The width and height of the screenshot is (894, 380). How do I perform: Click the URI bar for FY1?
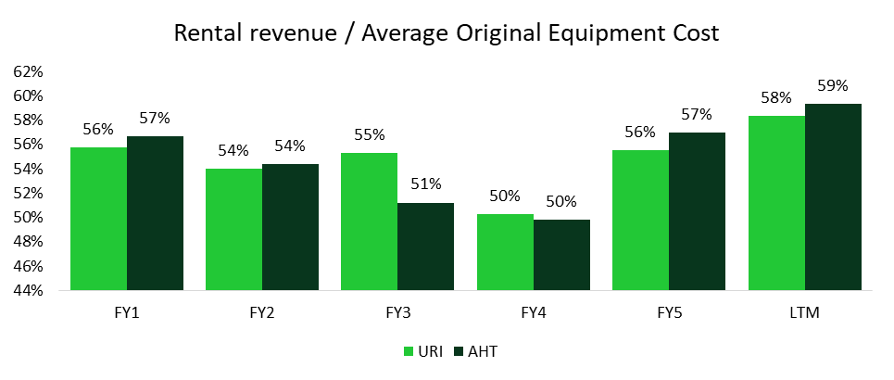pyautogui.click(x=99, y=219)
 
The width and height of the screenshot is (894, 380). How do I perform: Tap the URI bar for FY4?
pyautogui.click(x=505, y=252)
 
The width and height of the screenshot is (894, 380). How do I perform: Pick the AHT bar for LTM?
pyautogui.click(x=833, y=196)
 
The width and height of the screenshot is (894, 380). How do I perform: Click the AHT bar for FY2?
pyautogui.click(x=290, y=227)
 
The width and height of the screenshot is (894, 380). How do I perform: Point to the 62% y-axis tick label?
pyautogui.click(x=29, y=72)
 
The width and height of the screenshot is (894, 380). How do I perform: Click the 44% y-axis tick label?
pyautogui.click(x=29, y=290)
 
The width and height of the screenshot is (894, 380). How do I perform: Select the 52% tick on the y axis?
pyautogui.click(x=29, y=193)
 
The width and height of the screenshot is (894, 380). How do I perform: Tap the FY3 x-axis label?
pyautogui.click(x=397, y=313)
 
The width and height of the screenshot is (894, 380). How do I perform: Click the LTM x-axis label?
pyautogui.click(x=805, y=313)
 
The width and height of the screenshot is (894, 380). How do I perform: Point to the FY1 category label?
pyautogui.click(x=127, y=313)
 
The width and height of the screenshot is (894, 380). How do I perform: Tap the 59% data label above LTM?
pyautogui.click(x=833, y=86)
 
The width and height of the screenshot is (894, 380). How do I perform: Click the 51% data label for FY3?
pyautogui.click(x=425, y=184)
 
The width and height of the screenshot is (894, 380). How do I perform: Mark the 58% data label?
pyautogui.click(x=776, y=97)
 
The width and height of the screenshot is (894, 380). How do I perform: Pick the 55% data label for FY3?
pyautogui.click(x=370, y=134)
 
